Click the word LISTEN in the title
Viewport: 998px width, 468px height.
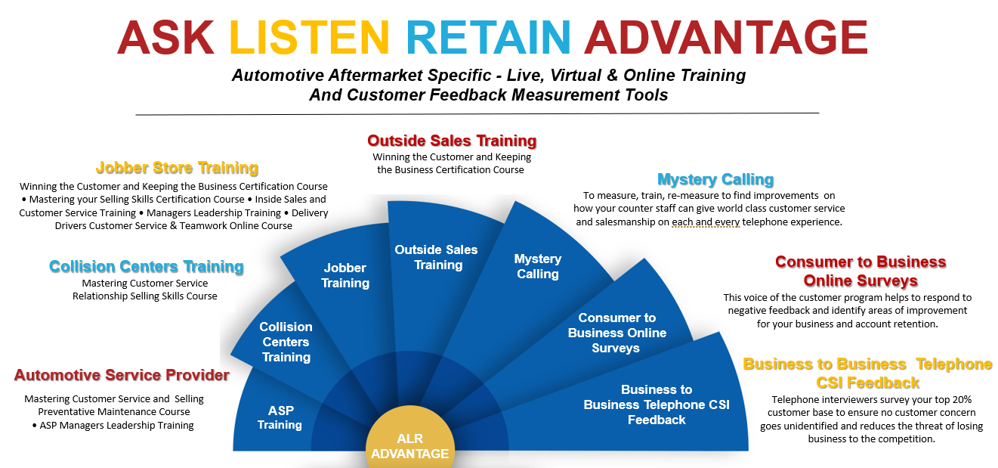click(x=310, y=37)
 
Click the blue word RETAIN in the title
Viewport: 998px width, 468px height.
click(x=489, y=37)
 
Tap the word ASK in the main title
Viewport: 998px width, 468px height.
click(x=165, y=37)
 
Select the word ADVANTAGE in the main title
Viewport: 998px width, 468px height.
click(x=726, y=37)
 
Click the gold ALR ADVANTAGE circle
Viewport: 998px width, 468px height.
click(x=410, y=439)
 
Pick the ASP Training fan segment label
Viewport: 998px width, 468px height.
click(x=280, y=417)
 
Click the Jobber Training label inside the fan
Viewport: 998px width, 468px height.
click(x=345, y=275)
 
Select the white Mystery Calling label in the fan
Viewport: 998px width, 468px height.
click(x=538, y=266)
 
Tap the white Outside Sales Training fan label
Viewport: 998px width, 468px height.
click(x=436, y=257)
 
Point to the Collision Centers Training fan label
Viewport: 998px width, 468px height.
click(x=286, y=342)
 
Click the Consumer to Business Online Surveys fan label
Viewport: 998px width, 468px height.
click(x=617, y=333)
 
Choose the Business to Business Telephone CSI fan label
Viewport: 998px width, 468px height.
click(x=657, y=404)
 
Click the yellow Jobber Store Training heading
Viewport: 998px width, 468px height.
click(x=177, y=168)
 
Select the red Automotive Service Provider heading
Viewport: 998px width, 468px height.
click(x=122, y=375)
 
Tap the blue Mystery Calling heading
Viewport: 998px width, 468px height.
click(x=715, y=179)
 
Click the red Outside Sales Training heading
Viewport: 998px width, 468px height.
click(x=452, y=141)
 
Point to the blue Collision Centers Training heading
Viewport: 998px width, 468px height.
click(x=146, y=267)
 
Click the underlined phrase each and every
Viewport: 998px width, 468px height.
click(x=706, y=222)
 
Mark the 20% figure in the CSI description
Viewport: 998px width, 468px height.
click(x=962, y=399)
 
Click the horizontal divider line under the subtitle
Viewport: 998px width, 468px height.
click(x=477, y=114)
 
